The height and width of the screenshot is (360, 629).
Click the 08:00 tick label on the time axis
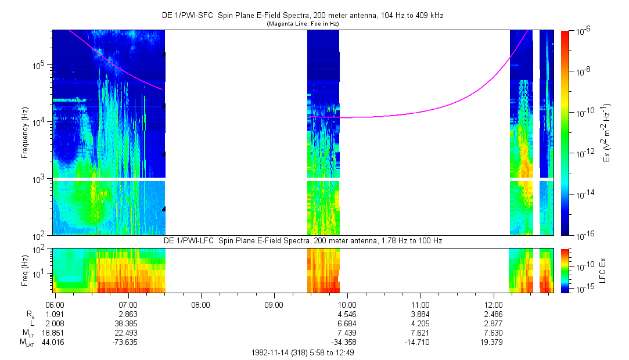pyautogui.click(x=200, y=304)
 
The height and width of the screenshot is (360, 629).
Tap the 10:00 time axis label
pyautogui.click(x=347, y=304)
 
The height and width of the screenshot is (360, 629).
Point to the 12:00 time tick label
pyautogui.click(x=493, y=304)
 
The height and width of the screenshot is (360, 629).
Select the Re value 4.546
pyautogui.click(x=347, y=314)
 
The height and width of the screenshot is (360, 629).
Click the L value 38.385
pyautogui.click(x=127, y=323)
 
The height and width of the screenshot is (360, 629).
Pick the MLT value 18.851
pyautogui.click(x=54, y=333)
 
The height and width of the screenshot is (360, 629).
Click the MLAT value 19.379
pyautogui.click(x=493, y=342)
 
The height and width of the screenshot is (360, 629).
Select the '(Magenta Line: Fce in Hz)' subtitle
pyautogui.click(x=303, y=24)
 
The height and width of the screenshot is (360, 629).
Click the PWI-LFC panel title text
pyautogui.click(x=302, y=240)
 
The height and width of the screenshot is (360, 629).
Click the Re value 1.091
pyautogui.click(x=54, y=314)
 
